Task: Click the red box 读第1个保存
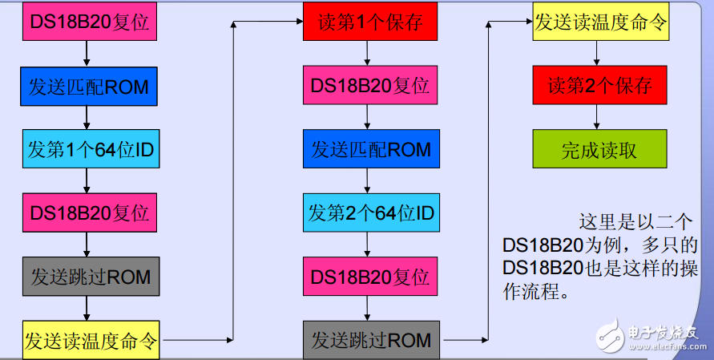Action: (370, 22)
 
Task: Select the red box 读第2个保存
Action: (599, 86)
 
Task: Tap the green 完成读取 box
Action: (599, 150)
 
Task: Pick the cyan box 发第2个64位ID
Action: (370, 212)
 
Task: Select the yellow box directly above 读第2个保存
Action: (599, 22)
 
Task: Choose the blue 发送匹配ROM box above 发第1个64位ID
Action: (89, 86)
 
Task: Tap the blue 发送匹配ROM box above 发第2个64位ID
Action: (370, 149)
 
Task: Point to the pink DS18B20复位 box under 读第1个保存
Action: (370, 86)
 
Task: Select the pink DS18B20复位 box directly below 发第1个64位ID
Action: (89, 212)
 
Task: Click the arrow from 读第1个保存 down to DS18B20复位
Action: (367, 54)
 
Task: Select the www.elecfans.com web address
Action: (666, 346)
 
